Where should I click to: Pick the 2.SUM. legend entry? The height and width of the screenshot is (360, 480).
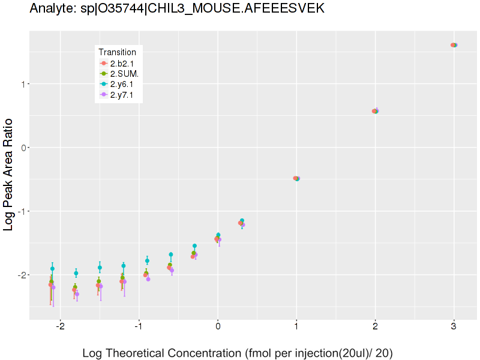coord(124,74)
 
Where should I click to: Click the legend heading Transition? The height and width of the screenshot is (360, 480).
coord(117,52)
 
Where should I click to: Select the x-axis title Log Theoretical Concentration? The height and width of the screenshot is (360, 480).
coord(237,353)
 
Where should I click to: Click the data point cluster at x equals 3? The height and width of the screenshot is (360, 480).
coord(454,45)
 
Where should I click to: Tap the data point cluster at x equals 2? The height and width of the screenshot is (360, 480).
coord(375,111)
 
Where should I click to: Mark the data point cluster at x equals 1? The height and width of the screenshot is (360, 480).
coord(296,178)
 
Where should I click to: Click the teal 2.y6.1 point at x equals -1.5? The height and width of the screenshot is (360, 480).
coord(100,268)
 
